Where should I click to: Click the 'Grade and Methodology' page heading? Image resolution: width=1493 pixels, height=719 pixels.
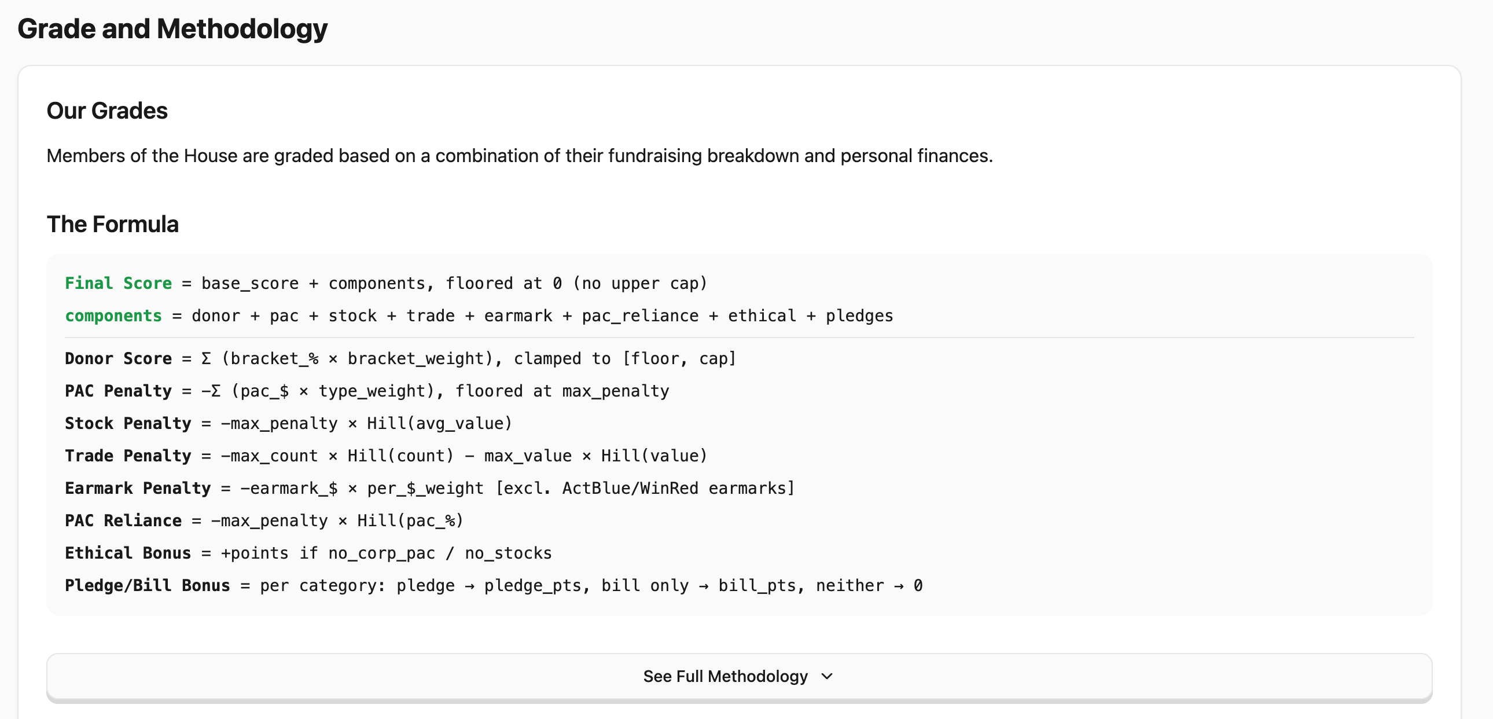[x=172, y=29]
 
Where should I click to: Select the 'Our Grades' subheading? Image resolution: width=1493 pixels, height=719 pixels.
[x=107, y=111]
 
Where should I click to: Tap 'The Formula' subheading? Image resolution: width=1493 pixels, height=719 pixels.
[x=112, y=225]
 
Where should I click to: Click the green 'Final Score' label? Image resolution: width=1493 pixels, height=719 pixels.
[x=118, y=284]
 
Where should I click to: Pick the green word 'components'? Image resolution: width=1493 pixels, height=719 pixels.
[x=113, y=316]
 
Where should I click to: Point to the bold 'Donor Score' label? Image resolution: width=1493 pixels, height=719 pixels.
[x=118, y=359]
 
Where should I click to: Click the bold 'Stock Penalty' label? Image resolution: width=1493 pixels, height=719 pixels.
[x=128, y=424]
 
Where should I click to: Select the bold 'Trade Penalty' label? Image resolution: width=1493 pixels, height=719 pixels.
[x=128, y=456]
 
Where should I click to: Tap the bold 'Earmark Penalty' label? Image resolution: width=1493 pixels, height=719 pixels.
[x=138, y=489]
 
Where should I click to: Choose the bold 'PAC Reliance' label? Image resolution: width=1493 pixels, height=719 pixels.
[x=123, y=521]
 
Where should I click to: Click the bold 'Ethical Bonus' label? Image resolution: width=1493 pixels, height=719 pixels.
[x=128, y=554]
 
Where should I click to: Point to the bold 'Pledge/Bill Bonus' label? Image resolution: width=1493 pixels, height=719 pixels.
[x=147, y=586]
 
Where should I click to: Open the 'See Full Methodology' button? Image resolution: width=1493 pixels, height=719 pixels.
[x=726, y=677]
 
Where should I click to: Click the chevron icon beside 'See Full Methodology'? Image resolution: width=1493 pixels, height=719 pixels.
[x=827, y=677]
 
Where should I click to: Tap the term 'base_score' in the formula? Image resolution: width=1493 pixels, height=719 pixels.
[x=250, y=284]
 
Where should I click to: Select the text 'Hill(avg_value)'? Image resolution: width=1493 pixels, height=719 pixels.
[x=440, y=424]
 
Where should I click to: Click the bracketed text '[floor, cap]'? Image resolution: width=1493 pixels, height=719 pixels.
[x=679, y=359]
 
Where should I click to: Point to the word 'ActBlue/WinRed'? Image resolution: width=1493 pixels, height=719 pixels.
[x=630, y=489]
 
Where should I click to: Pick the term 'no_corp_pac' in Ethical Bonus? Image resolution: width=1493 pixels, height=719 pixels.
[x=381, y=554]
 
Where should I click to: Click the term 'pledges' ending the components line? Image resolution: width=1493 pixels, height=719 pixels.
[x=859, y=316]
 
